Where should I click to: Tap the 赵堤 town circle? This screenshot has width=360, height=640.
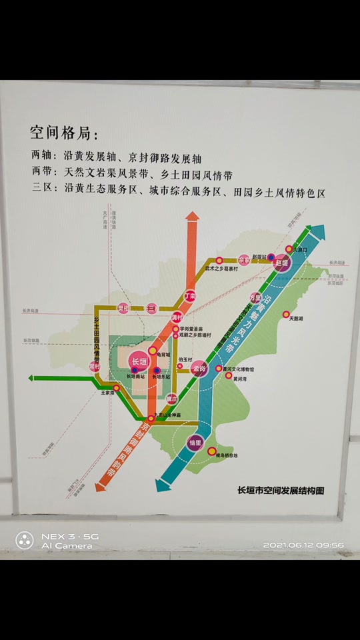pyautogui.click(x=282, y=263)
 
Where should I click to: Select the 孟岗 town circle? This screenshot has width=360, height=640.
pyautogui.click(x=199, y=368)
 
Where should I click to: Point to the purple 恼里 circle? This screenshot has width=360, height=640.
pyautogui.click(x=195, y=442)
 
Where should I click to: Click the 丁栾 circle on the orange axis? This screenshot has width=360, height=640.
pyautogui.click(x=190, y=295)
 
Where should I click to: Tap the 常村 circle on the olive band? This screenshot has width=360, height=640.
pyautogui.click(x=95, y=366)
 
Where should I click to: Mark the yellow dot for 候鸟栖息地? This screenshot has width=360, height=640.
pyautogui.click(x=212, y=451)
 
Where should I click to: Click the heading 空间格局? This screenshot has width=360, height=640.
pyautogui.click(x=64, y=133)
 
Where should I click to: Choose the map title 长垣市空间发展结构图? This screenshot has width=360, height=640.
pyautogui.click(x=281, y=491)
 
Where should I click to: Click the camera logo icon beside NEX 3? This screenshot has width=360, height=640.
pyautogui.click(x=25, y=540)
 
